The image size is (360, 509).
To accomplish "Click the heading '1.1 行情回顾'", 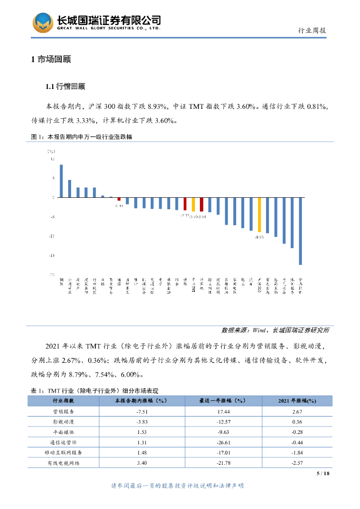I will point(65,87).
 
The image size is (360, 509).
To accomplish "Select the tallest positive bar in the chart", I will point(61,181).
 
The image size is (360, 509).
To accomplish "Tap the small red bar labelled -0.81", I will point(119,199).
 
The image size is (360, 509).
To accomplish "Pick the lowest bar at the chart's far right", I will point(300,231).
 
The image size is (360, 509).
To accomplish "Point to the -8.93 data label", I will point(259,238).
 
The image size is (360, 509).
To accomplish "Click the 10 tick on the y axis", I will point(52,159).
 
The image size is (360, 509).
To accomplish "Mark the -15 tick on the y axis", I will point(51,255).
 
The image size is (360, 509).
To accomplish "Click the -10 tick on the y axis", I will point(51,236).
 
